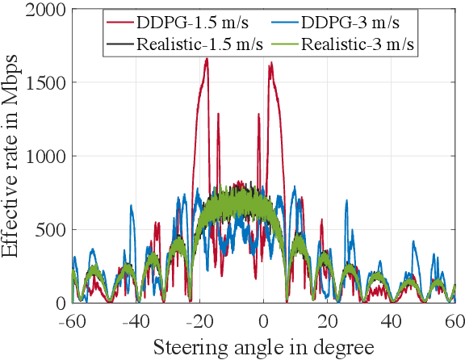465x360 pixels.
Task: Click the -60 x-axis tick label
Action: [70, 320]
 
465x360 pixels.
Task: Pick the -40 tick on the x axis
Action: [136, 320]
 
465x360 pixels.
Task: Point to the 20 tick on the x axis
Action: [328, 320]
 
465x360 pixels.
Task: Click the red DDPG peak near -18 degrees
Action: [207, 59]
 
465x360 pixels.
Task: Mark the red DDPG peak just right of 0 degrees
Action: [270, 64]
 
